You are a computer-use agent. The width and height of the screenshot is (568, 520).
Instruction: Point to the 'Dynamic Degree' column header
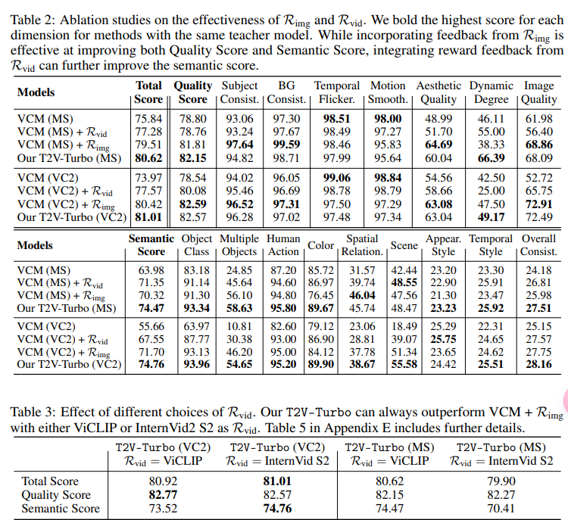pos(491,92)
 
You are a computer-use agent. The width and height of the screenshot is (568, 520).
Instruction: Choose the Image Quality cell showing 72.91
pos(538,204)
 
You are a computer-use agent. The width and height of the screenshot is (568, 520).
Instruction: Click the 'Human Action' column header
pos(283,245)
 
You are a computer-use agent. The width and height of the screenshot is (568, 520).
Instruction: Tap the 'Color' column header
pos(321,245)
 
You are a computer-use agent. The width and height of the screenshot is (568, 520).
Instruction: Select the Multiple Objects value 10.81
pos(239,327)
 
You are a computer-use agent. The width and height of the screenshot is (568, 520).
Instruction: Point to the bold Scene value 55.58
pos(404,365)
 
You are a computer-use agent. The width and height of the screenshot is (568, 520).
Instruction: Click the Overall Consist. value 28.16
pos(538,365)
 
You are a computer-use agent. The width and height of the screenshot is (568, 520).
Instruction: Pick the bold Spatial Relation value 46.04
pos(362,295)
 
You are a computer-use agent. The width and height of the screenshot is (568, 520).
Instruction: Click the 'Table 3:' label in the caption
pos(33,412)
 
